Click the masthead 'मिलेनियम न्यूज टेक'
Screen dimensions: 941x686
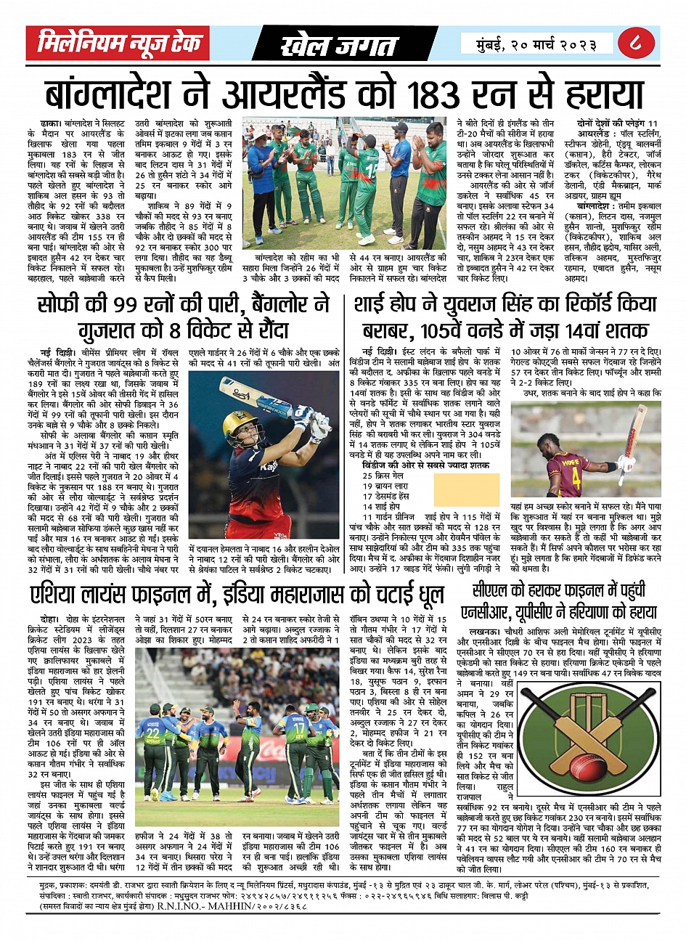(x=118, y=44)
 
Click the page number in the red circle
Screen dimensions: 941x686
(x=638, y=44)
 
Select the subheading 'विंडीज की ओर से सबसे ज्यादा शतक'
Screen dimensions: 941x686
(x=425, y=465)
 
